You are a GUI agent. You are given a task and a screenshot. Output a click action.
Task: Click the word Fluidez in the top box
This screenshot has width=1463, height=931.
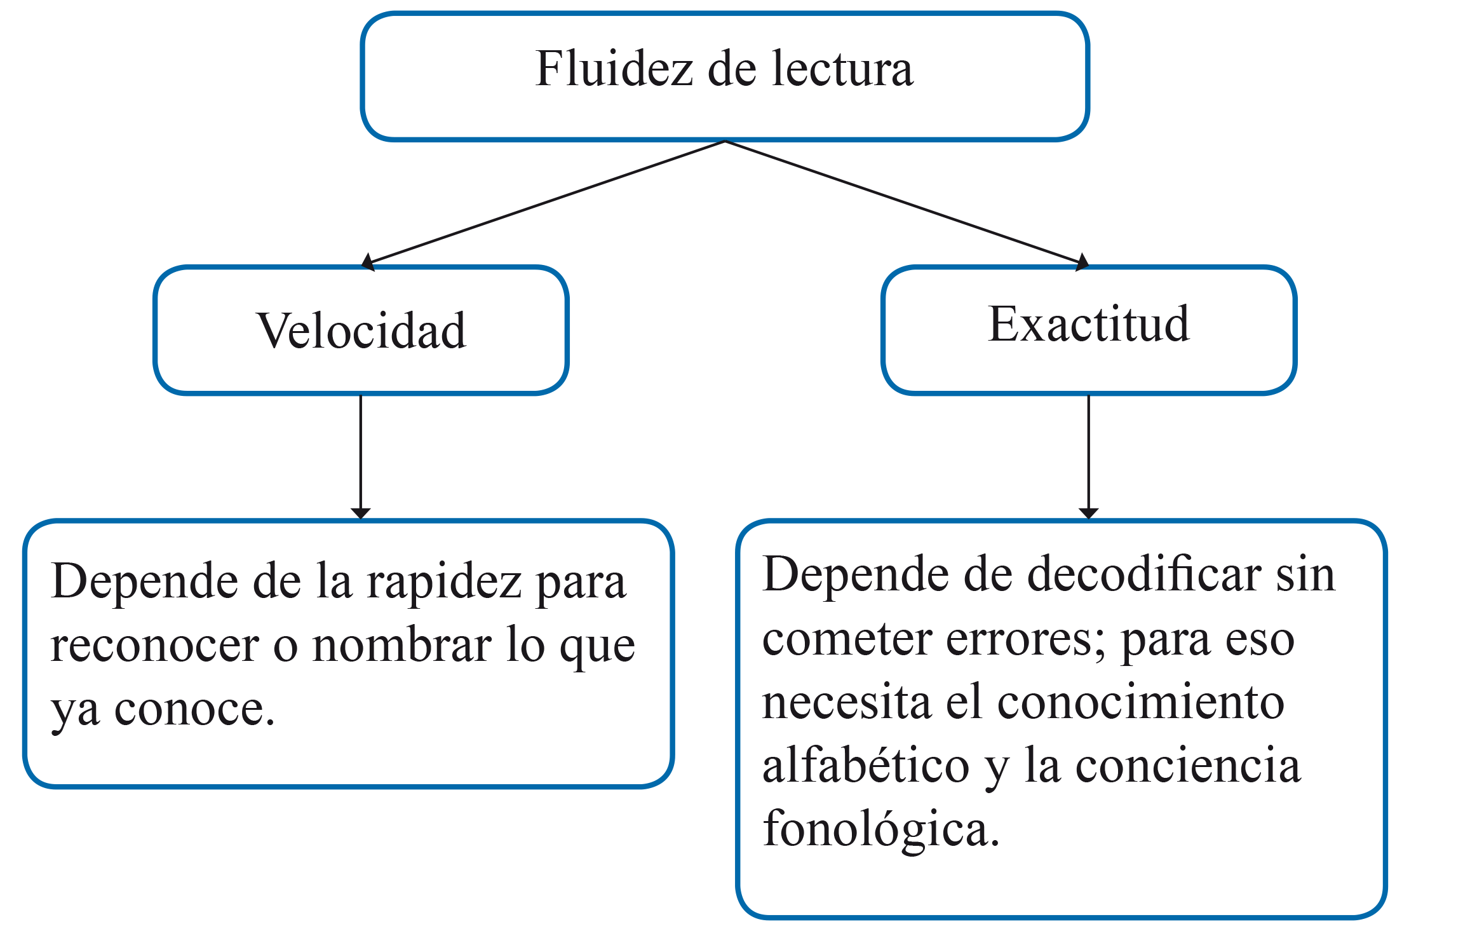[x=614, y=68]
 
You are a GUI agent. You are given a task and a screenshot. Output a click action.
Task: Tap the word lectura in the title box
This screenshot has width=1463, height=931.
[x=842, y=68]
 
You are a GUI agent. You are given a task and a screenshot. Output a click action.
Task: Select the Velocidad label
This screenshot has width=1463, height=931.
[x=361, y=330]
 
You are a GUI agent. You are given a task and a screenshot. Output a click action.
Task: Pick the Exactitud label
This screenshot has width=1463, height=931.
[x=1089, y=323]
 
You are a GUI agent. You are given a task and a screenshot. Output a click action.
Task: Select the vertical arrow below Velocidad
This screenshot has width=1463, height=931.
[x=361, y=456]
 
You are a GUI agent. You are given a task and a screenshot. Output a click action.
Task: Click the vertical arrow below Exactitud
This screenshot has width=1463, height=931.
[x=1089, y=456]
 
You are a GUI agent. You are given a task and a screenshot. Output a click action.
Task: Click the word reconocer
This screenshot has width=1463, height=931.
[x=154, y=646]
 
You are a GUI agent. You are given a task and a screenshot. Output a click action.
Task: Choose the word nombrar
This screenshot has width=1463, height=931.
[x=402, y=646]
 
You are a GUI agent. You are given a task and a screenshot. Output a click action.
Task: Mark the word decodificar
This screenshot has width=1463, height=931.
[x=1144, y=574]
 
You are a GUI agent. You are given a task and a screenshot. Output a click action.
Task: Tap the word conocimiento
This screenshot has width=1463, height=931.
[x=1141, y=702]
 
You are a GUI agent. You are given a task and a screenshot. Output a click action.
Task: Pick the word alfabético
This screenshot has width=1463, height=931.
[x=866, y=765]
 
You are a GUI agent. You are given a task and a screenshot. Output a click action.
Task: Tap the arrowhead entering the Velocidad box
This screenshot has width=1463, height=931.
[x=368, y=262]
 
